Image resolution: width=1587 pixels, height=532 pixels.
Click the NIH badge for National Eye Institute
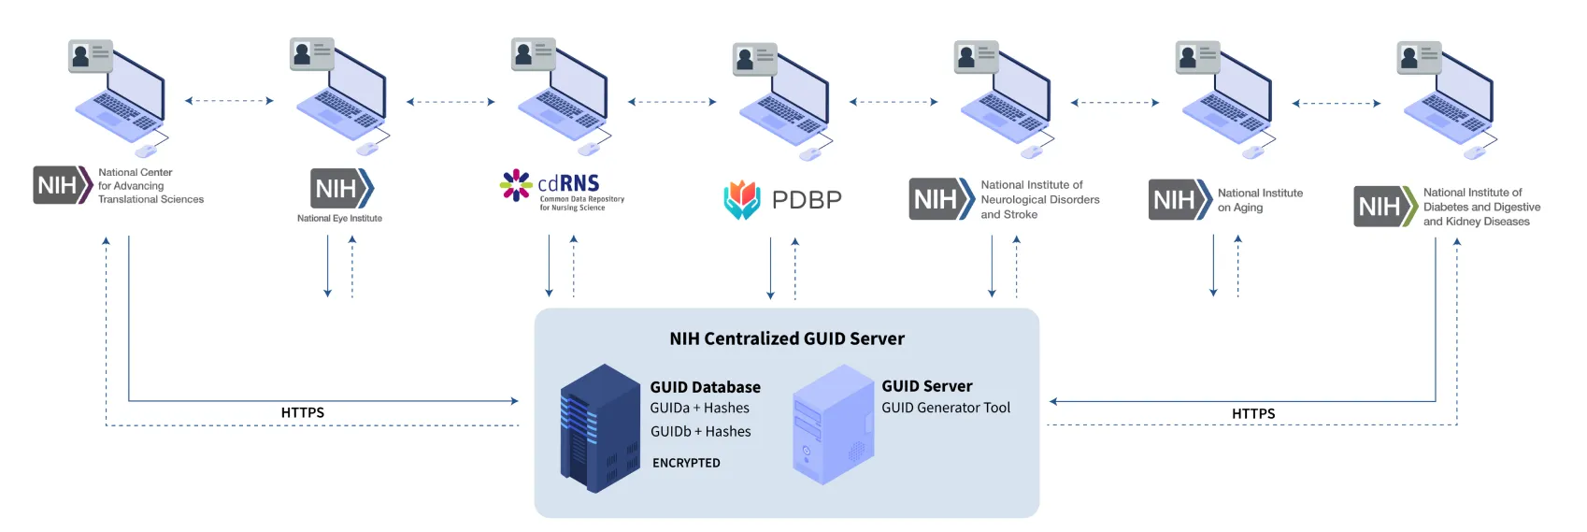pos(341,188)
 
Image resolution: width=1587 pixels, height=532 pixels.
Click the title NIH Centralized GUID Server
pos(786,338)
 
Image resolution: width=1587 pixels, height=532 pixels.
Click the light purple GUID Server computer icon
pos(832,425)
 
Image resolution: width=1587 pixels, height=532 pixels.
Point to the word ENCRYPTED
pos(686,463)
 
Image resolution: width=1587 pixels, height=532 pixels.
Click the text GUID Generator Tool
pos(945,408)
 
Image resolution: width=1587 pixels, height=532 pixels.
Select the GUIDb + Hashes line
pos(700,431)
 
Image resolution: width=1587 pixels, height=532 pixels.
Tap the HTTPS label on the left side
pos(302,412)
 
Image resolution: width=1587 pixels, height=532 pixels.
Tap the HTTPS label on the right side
pos(1252,413)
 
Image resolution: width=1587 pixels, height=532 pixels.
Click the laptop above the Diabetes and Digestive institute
pos(1448,101)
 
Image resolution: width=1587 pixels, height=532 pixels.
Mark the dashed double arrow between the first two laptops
pos(229,101)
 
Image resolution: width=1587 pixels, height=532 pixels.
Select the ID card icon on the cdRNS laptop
pos(534,54)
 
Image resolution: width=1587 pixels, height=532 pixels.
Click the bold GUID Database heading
pos(705,387)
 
